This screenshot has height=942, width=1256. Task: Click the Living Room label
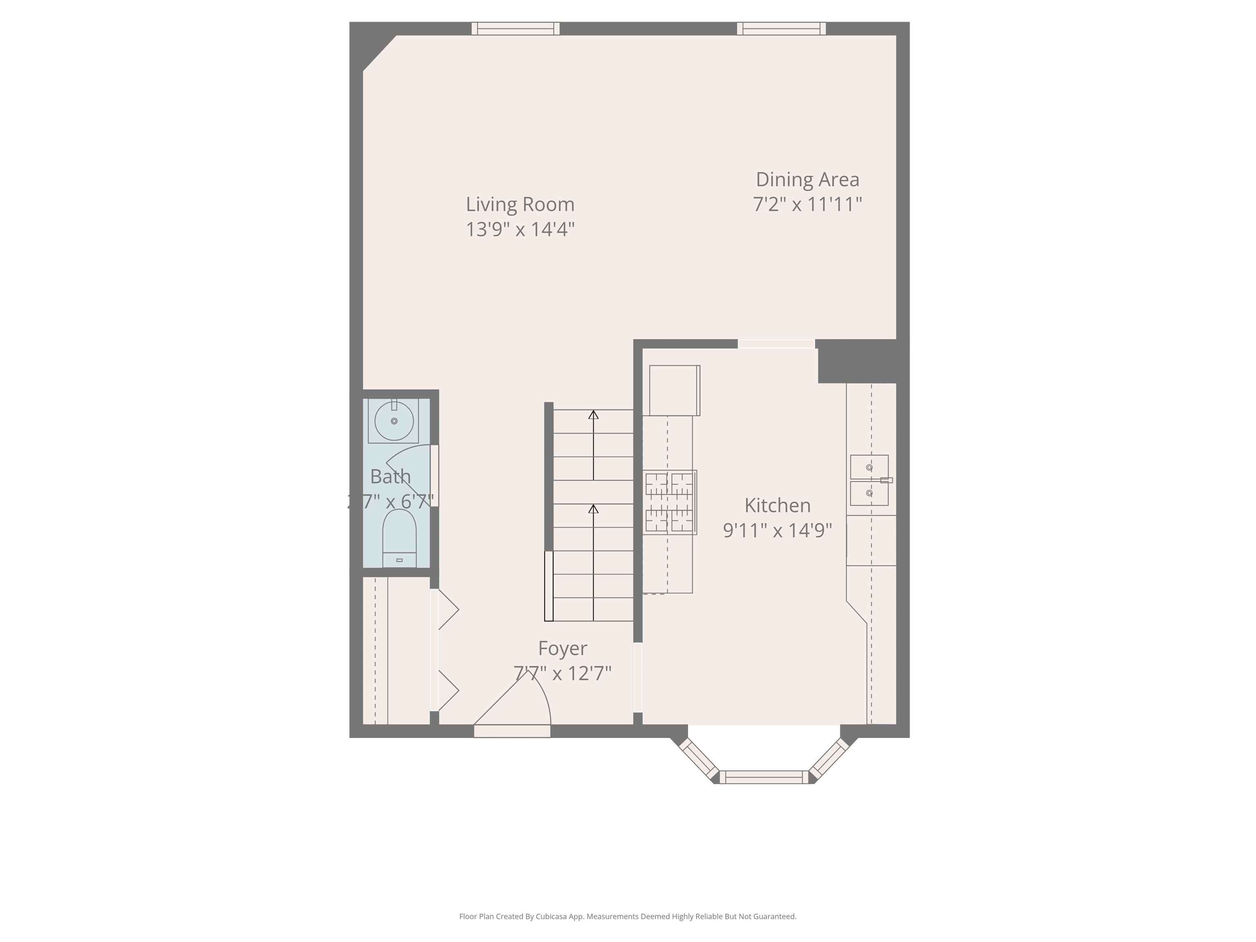pos(520,204)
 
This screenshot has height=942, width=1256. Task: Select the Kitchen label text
pos(777,505)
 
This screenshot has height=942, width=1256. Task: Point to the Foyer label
pos(562,648)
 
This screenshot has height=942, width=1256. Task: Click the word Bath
pos(390,476)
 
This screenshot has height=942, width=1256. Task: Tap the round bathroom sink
pos(394,421)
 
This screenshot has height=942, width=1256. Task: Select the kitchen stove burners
pos(669,502)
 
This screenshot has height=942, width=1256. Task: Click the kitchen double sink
pos(869,480)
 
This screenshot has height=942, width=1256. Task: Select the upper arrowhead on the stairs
pos(593,415)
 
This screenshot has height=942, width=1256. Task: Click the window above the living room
pos(516,28)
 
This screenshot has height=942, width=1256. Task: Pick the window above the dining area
pos(781,28)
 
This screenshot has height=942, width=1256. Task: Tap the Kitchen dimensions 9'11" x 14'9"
pos(777,530)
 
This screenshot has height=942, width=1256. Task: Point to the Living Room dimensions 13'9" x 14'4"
pos(520,229)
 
